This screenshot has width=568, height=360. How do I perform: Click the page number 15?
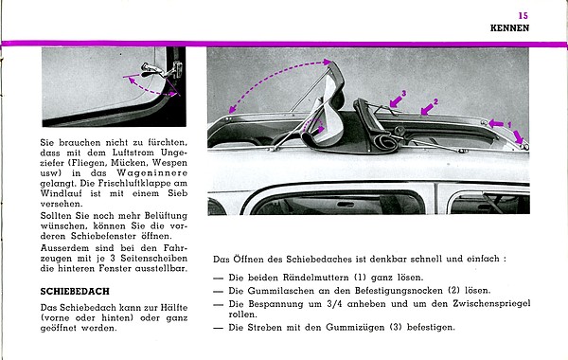524,16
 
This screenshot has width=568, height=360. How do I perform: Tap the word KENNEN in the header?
509,28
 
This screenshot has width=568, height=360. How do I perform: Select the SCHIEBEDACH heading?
75,292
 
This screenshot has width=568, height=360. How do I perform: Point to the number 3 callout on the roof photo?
404,94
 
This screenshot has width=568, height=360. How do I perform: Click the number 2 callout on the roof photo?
435,102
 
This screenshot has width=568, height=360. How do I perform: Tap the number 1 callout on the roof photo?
509,125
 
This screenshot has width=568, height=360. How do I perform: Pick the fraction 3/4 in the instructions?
334,304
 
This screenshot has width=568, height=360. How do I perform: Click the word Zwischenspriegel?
491,304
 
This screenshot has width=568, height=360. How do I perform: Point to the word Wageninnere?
151,173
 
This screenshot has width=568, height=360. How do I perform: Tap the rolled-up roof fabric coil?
384,140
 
